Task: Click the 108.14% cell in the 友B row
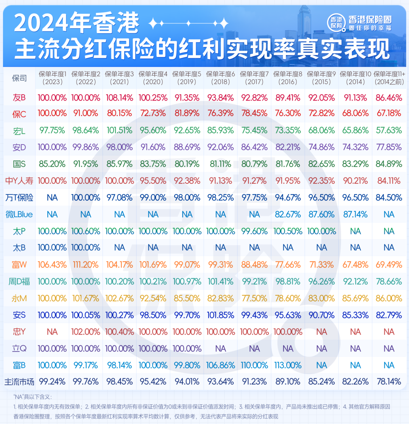click(119, 98)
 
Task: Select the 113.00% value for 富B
click(288, 365)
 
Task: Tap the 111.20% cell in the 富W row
click(86, 265)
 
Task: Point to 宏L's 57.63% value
click(389, 130)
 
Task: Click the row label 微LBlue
click(19, 214)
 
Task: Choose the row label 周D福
click(19, 282)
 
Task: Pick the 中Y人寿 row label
click(19, 181)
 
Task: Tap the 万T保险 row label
click(19, 197)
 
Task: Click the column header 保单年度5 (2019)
click(187, 78)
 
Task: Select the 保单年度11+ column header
click(389, 78)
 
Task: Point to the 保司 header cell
click(19, 78)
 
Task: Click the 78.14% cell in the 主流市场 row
click(389, 382)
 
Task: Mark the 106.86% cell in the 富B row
click(220, 365)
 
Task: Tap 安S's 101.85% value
click(220, 315)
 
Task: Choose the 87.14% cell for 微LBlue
click(355, 214)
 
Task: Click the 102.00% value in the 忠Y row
click(86, 332)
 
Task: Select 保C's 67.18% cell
click(389, 113)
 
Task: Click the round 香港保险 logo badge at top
click(336, 22)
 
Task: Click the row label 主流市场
click(19, 382)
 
